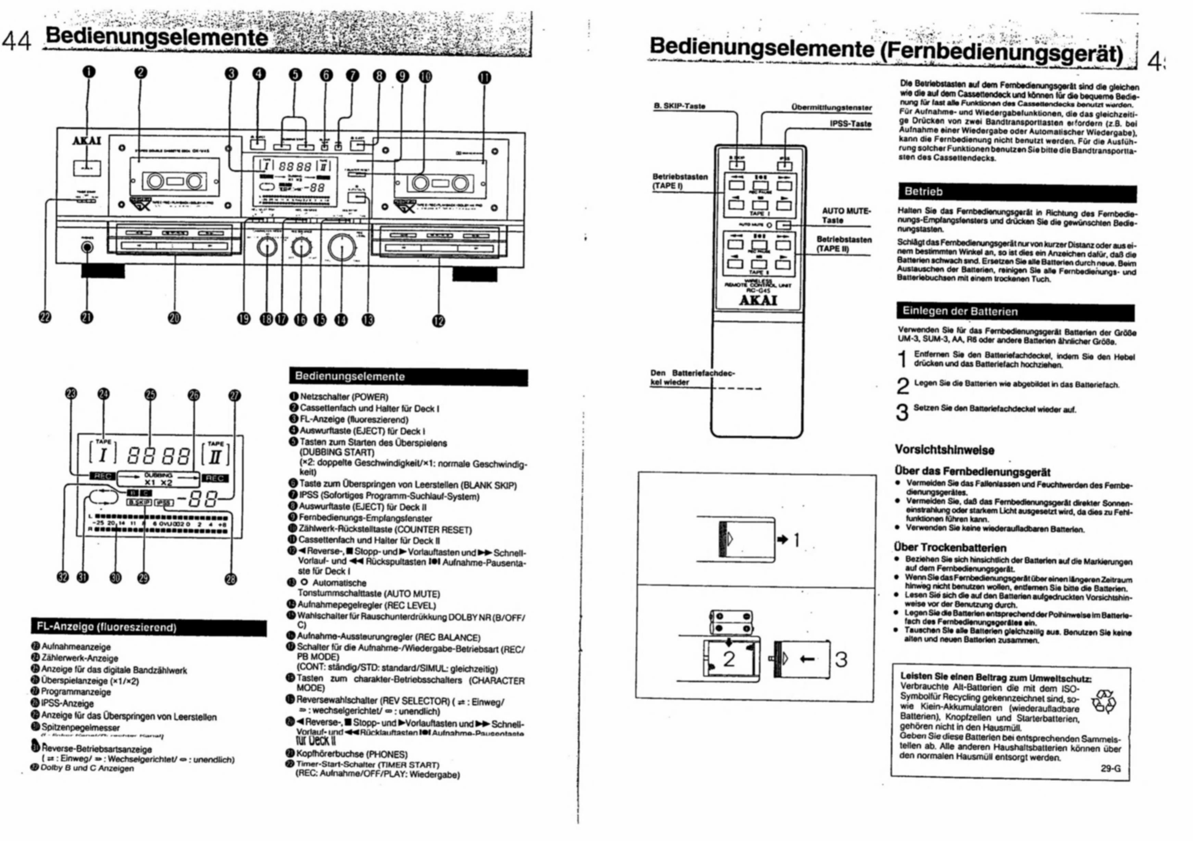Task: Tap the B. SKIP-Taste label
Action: pos(679,106)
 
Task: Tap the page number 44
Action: pos(17,39)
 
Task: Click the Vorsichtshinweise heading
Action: pos(944,450)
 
